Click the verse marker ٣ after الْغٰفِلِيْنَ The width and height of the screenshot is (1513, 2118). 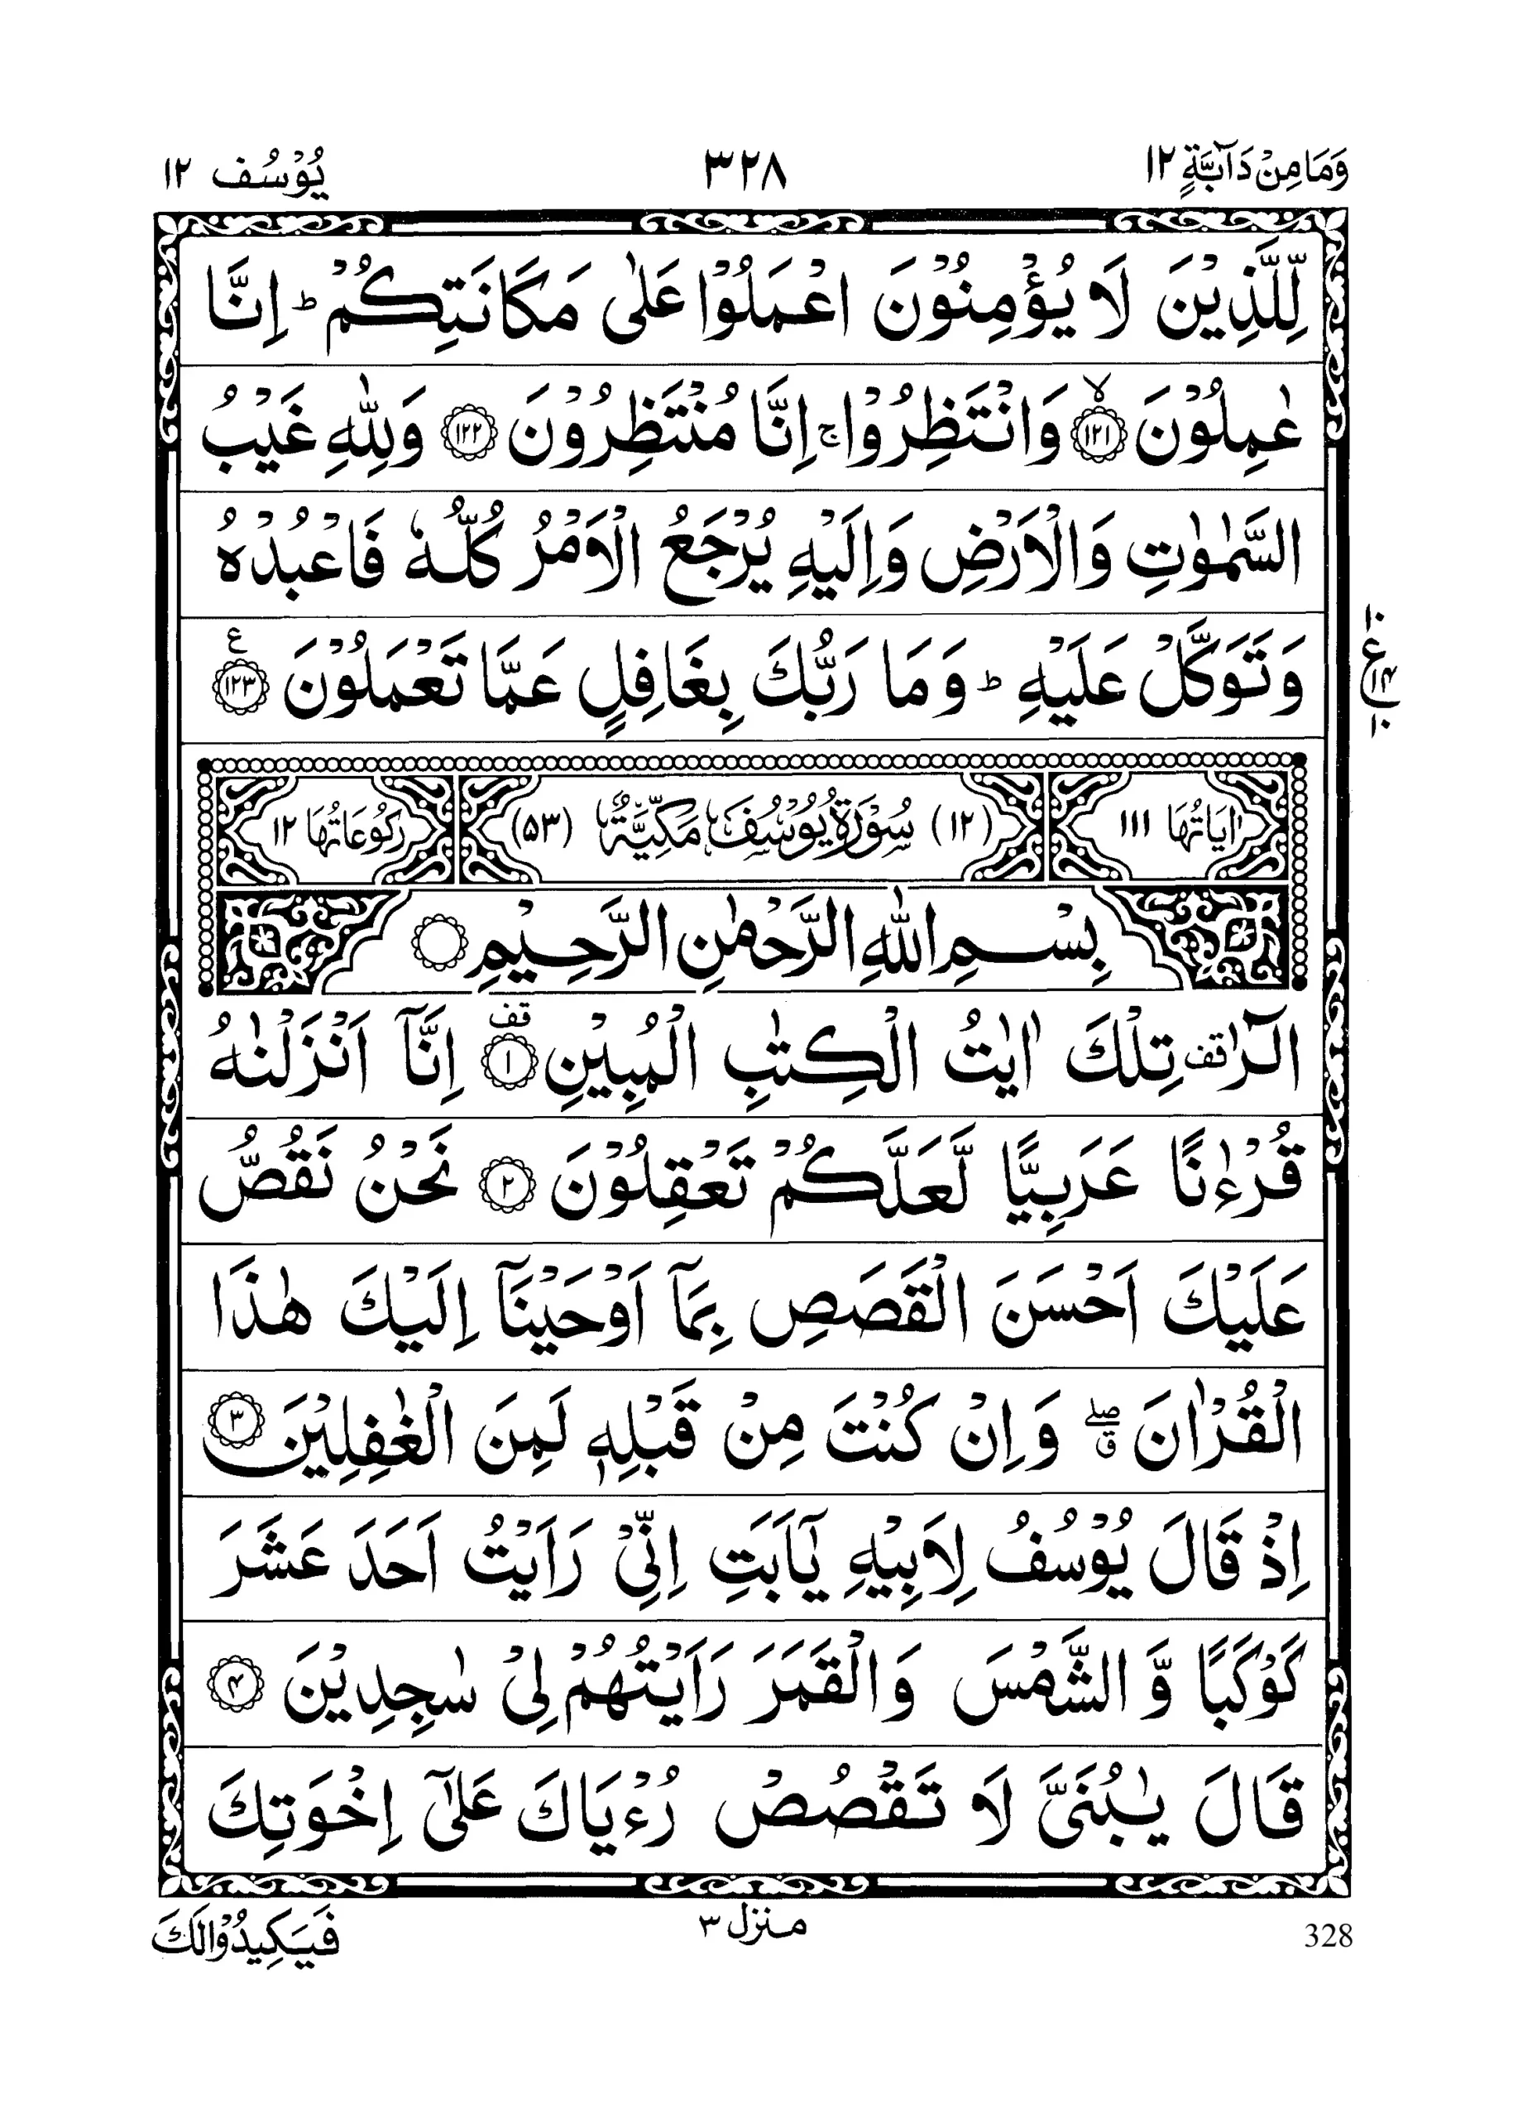236,1424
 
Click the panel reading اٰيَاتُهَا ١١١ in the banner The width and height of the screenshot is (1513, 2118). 1175,827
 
